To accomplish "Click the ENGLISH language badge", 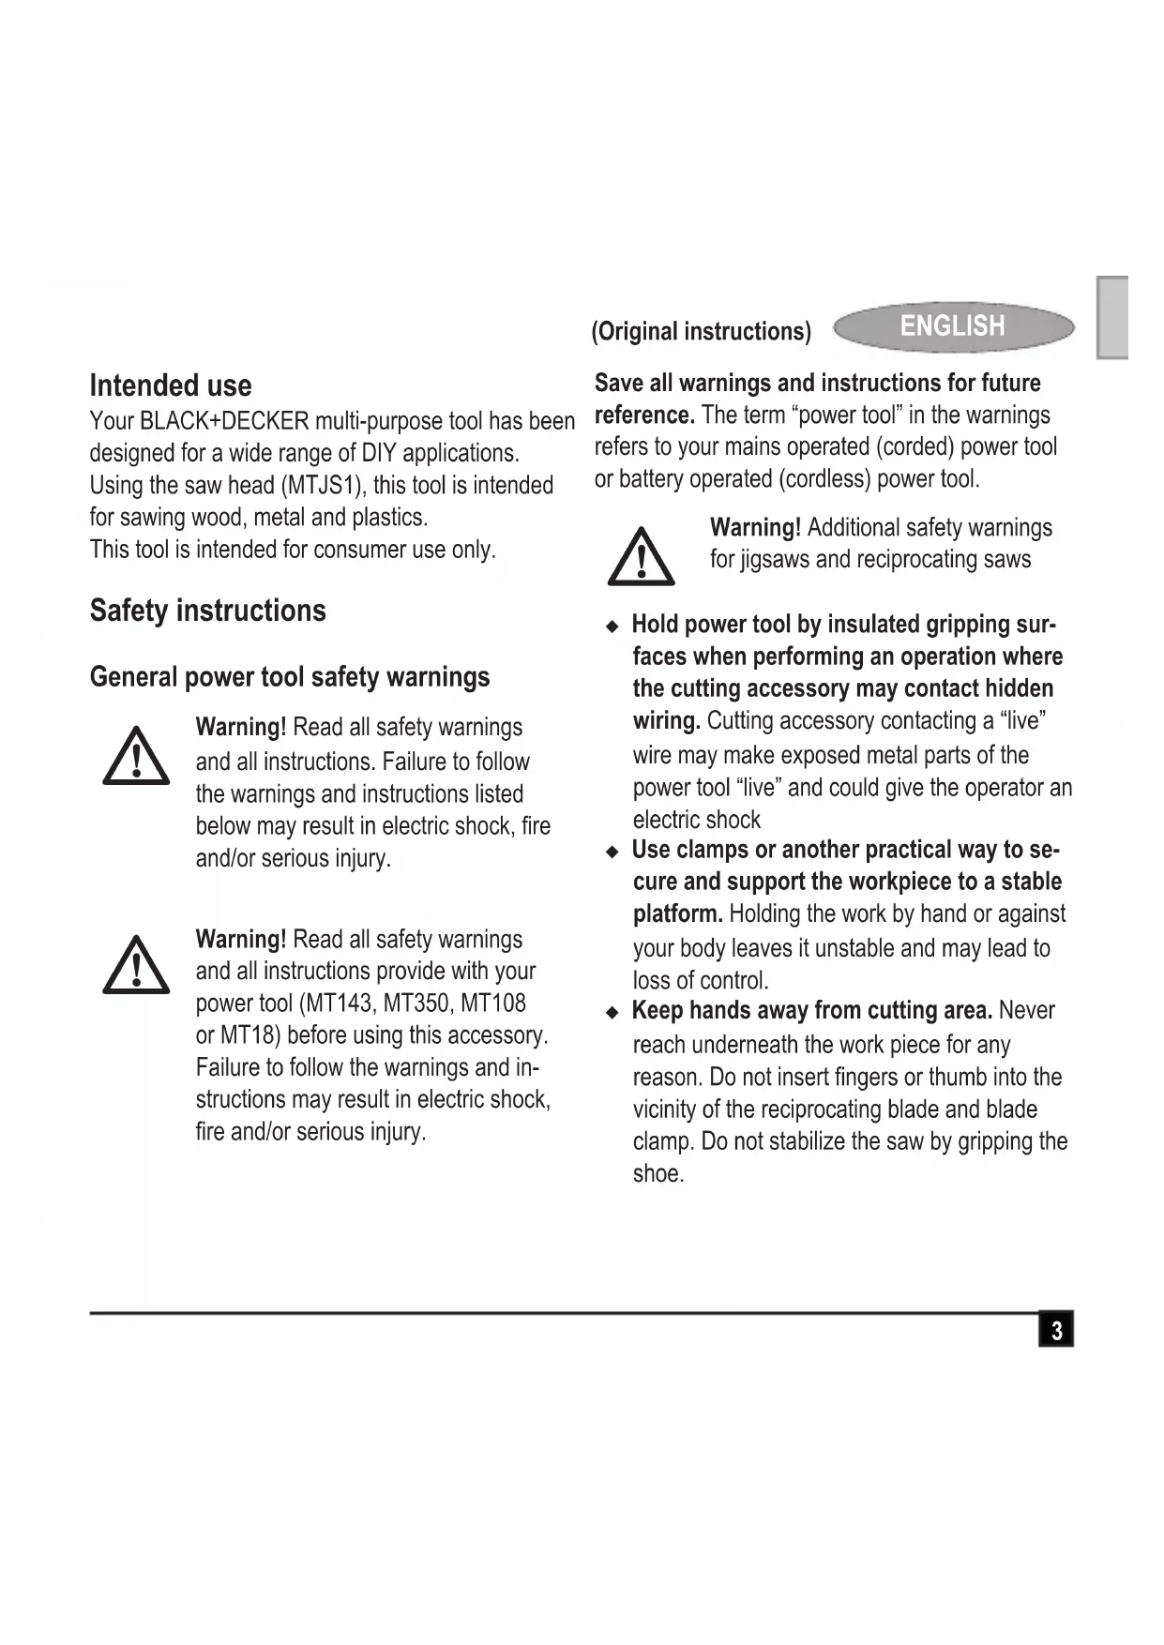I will (953, 326).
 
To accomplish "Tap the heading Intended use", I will (171, 385).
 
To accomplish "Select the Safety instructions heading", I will (207, 611).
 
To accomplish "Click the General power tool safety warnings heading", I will (289, 677).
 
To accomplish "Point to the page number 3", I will (1056, 1331).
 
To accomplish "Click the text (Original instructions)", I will (701, 331).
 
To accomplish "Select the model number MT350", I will (416, 1004).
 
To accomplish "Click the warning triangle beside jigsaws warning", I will (641, 556).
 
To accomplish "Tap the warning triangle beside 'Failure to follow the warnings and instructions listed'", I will (136, 756).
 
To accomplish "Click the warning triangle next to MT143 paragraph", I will (136, 965).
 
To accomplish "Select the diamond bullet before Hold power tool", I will (612, 626).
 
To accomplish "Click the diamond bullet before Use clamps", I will (612, 852).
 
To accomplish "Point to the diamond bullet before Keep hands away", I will (612, 1012).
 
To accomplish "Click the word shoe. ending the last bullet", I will (658, 1174).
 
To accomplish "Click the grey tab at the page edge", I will (1112, 317).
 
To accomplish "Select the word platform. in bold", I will (677, 913).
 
